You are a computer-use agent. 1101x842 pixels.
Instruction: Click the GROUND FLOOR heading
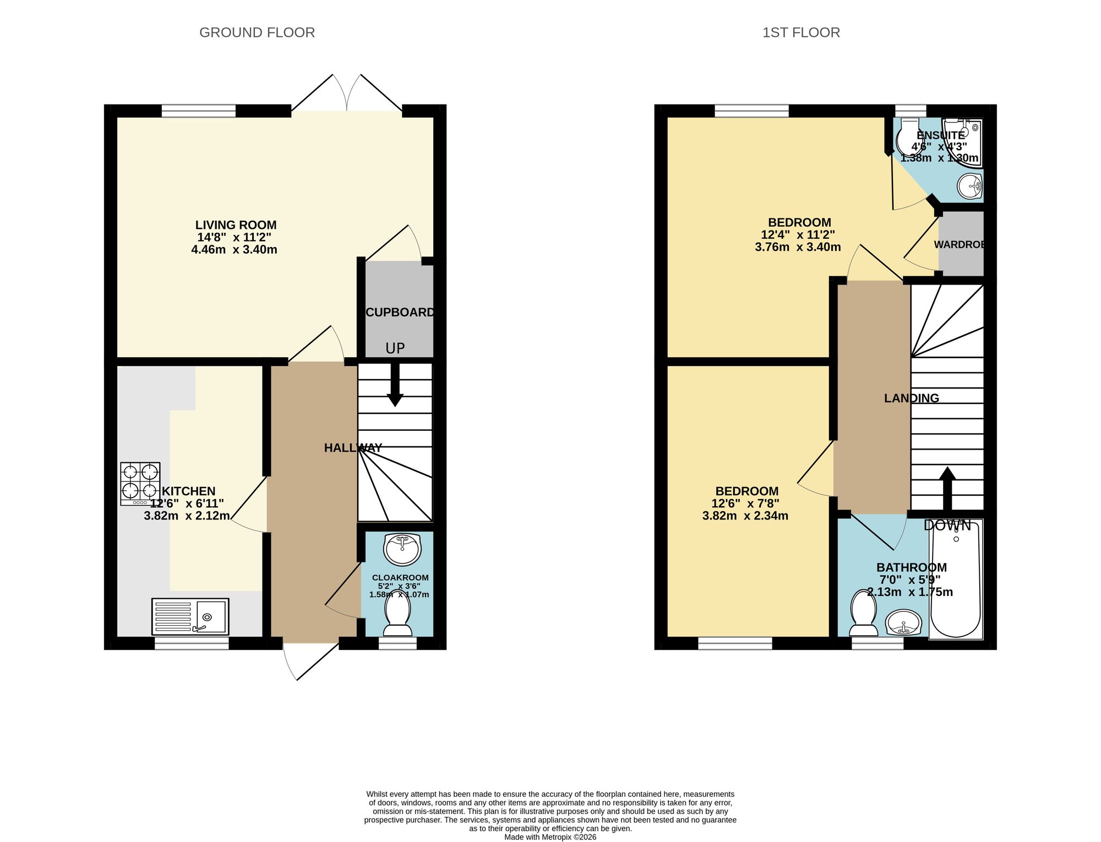pos(257,32)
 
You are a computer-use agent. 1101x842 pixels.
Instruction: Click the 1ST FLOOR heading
pos(801,32)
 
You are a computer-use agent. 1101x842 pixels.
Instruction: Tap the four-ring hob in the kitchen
pos(140,483)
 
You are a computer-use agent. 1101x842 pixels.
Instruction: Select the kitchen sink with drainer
pos(190,616)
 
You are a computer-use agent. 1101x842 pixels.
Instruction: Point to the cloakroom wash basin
pos(402,549)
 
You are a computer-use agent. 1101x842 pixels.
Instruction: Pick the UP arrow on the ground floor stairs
pos(395,385)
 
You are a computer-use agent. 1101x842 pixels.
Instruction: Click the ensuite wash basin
pos(969,186)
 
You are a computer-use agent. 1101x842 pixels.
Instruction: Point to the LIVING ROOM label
pos(236,225)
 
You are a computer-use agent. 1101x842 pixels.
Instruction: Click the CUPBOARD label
pos(400,313)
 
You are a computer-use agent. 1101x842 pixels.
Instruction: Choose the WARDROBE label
pos(958,244)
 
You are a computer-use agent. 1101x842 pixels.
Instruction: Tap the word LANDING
pos(911,398)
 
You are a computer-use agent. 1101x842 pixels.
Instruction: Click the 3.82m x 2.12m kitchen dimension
pos(187,516)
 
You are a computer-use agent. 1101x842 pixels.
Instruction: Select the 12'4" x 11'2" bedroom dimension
pos(798,235)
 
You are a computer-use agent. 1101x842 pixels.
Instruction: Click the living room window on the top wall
pos(198,111)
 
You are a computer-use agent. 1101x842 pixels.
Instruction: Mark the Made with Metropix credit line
pos(550,837)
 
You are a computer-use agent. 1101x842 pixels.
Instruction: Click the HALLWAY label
pos(352,448)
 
